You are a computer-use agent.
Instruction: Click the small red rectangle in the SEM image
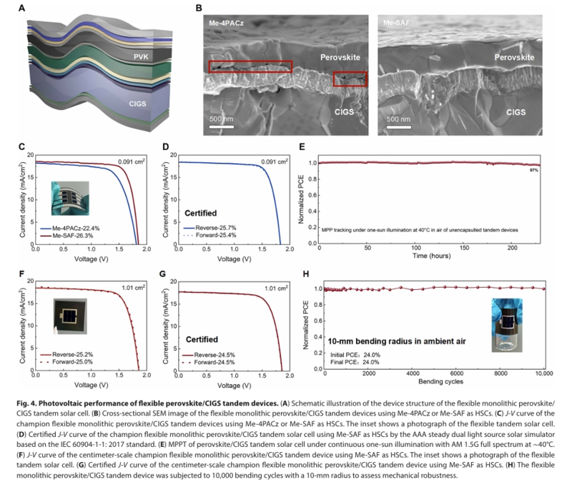tap(350, 79)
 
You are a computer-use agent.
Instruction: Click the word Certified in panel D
tap(193, 211)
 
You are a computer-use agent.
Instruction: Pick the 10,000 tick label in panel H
tap(543, 373)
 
